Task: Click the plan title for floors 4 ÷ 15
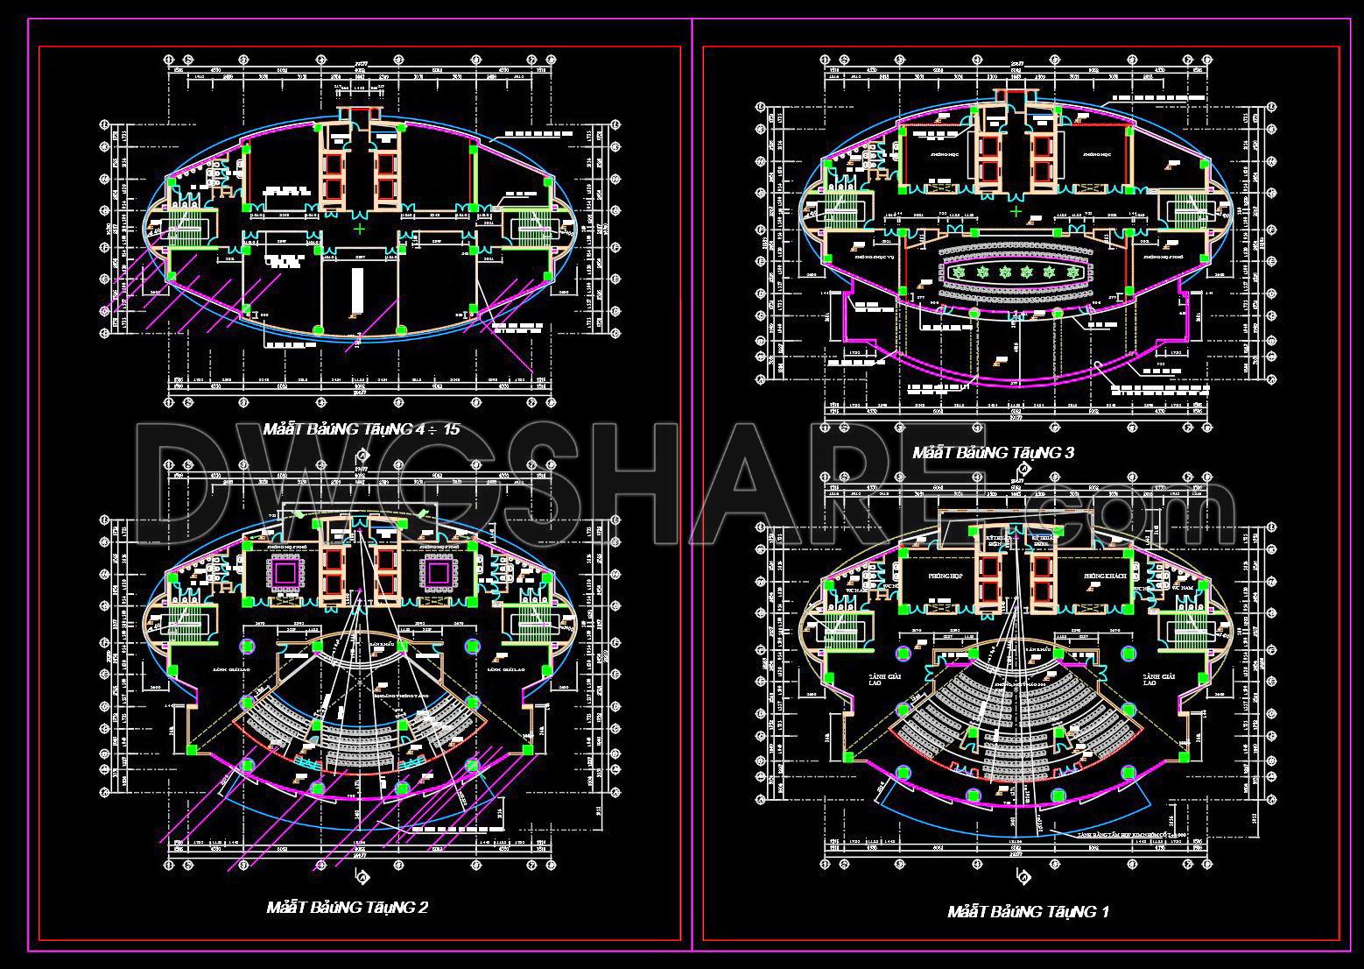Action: tap(361, 429)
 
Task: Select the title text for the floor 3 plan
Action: tap(993, 453)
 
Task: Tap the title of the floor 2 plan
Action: tap(347, 908)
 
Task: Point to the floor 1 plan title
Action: tap(1028, 912)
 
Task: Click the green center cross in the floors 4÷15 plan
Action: tap(360, 230)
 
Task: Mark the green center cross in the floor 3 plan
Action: tap(1016, 211)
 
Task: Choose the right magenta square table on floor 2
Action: tap(438, 573)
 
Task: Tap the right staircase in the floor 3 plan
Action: tap(1192, 211)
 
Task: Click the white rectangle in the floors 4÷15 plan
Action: tap(357, 285)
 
